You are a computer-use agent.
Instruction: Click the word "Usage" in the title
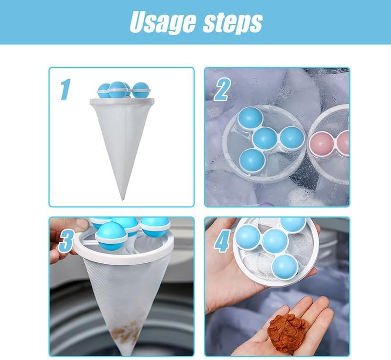point(163,22)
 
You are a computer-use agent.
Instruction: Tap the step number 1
point(65,89)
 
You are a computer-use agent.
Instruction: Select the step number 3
point(66,241)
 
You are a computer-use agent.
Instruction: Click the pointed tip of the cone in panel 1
point(123,199)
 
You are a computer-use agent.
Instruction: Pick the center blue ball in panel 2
point(265,139)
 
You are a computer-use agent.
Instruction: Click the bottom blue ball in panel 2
point(252,161)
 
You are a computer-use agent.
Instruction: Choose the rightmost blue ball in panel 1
point(141,90)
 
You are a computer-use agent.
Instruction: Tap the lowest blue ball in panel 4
point(285,267)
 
